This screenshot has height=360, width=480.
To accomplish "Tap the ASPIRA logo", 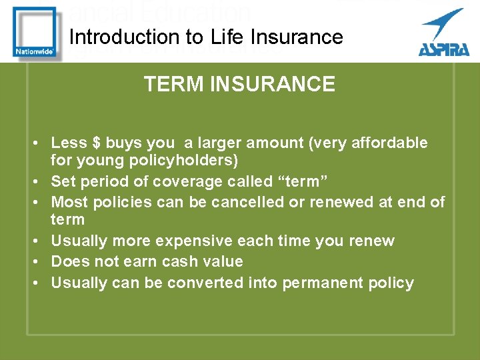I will [x=442, y=33].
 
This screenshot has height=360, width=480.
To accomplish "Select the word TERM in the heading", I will [x=168, y=84].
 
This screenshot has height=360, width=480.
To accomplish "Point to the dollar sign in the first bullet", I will [x=97, y=143].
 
